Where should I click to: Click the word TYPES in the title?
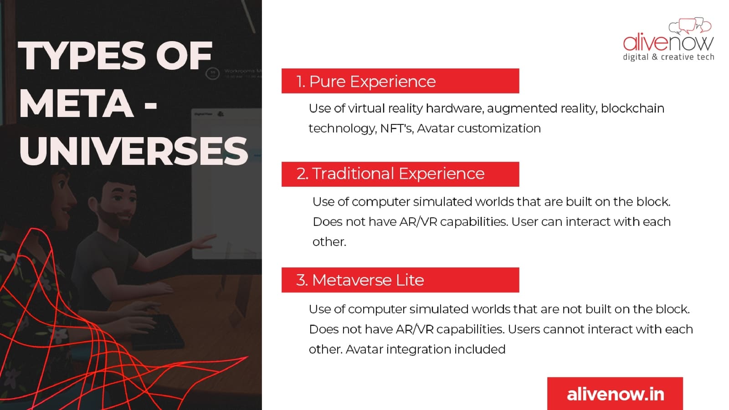(82, 56)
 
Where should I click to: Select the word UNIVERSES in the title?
(133, 151)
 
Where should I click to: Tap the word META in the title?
(76, 103)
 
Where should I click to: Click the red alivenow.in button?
(615, 394)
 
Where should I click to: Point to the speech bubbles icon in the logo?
(690, 26)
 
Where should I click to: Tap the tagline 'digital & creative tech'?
(668, 57)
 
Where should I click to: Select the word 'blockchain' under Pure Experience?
(632, 108)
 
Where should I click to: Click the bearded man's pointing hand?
(203, 241)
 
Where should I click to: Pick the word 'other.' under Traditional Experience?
(329, 242)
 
